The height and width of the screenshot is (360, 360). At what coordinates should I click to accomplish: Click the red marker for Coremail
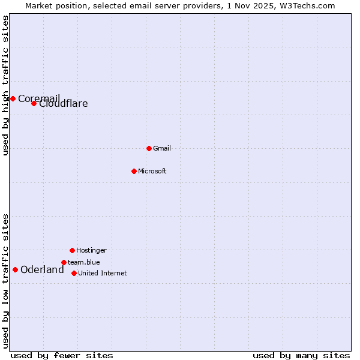tap(13, 98)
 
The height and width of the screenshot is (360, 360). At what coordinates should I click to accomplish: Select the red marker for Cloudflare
tap(34, 103)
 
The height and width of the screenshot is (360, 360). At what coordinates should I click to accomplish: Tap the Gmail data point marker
tap(149, 148)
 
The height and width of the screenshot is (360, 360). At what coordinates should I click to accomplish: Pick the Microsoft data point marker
tap(134, 171)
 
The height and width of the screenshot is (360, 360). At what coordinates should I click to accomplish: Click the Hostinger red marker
tap(72, 250)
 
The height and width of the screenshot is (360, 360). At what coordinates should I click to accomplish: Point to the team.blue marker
tap(64, 262)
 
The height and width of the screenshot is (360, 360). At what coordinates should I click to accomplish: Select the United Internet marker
tap(74, 273)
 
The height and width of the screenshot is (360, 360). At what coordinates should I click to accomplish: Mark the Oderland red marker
tap(15, 269)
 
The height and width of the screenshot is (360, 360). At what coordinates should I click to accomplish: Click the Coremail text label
tap(39, 98)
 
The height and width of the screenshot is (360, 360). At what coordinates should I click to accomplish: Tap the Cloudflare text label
tap(64, 104)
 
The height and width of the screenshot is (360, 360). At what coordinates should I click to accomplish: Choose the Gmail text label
tap(162, 148)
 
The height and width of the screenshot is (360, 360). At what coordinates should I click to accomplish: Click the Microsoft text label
tap(152, 171)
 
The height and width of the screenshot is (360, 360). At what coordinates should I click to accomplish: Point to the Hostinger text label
tap(91, 250)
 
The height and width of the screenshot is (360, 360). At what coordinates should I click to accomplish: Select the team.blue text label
tap(84, 262)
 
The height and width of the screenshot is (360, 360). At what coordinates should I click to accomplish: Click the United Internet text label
tap(103, 273)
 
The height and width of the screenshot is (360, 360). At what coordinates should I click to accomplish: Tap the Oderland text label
tap(42, 270)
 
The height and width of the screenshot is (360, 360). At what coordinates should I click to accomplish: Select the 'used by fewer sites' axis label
tap(62, 355)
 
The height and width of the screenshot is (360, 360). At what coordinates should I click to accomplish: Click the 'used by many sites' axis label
tap(301, 355)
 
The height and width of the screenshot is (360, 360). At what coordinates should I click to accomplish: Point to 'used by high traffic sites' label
tap(6, 85)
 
